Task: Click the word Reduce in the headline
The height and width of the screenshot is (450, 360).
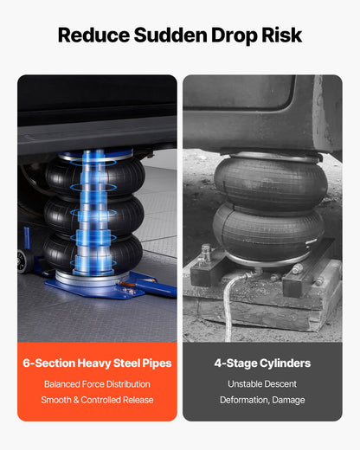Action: point(93,35)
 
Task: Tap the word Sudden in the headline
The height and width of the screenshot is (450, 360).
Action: point(170,35)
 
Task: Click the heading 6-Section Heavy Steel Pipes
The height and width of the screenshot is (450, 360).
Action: point(97,363)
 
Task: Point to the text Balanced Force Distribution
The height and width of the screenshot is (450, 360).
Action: point(97,384)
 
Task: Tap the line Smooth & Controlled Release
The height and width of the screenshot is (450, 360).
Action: point(97,400)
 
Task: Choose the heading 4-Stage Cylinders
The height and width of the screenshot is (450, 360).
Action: point(262,363)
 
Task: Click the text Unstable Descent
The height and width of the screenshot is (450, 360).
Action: point(262,384)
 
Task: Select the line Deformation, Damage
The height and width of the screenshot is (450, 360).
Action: point(262,400)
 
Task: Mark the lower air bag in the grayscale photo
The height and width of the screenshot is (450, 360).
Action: point(268,232)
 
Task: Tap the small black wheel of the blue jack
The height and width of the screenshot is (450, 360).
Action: point(25,261)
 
